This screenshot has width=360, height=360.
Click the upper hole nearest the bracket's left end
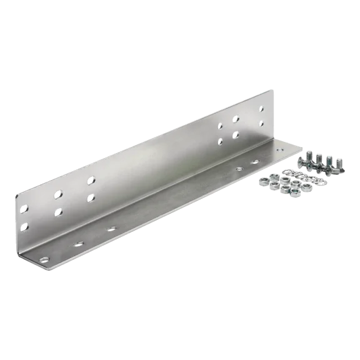(x=24, y=209)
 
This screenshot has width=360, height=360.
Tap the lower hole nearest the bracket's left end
(x=25, y=226)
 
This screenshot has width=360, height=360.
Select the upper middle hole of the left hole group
(x=57, y=194)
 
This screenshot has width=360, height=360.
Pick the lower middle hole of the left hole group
(x=58, y=212)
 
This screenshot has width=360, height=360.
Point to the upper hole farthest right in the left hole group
(x=91, y=181)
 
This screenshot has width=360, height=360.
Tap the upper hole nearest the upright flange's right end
(x=262, y=109)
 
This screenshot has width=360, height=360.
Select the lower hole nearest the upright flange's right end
(x=262, y=124)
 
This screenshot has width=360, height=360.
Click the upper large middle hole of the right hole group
(x=236, y=119)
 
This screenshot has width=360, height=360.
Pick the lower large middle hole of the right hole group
(x=236, y=134)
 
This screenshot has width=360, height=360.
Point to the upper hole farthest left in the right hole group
(x=220, y=127)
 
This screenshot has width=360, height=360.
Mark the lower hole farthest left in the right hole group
(x=220, y=141)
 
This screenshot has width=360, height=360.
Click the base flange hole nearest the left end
(x=44, y=259)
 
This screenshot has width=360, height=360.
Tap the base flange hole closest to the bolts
(x=254, y=162)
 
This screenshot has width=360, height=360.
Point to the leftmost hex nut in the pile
(x=264, y=180)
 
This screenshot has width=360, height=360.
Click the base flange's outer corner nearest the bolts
(x=304, y=148)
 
